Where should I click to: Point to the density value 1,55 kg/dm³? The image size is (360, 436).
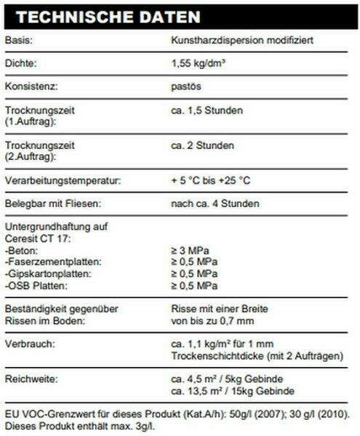(198, 64)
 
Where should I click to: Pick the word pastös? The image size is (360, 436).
(185, 88)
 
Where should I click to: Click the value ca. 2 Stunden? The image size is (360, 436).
(202, 146)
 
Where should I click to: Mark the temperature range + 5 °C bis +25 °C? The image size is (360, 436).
(212, 180)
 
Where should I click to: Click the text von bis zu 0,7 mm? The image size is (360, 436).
(212, 320)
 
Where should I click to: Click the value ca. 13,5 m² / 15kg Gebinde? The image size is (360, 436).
(232, 392)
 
